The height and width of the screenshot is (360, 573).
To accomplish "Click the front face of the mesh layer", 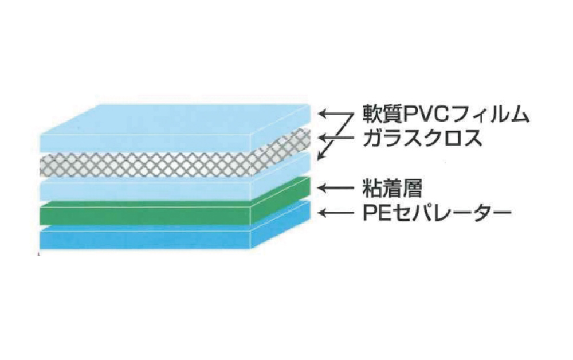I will click(143, 166).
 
